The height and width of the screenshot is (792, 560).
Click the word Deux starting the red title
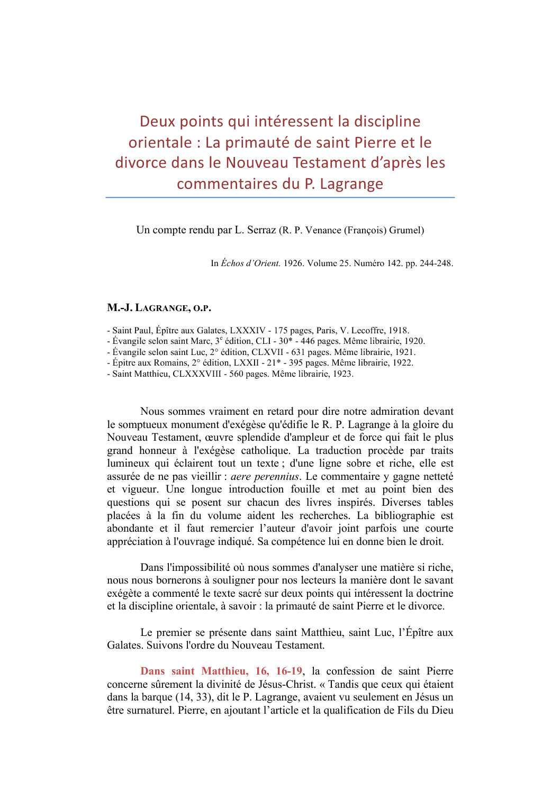pos(157,122)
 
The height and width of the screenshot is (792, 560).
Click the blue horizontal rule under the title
pos(280,197)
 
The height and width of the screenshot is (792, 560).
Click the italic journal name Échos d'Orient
pos(250,263)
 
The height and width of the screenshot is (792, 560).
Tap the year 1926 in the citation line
pos(293,263)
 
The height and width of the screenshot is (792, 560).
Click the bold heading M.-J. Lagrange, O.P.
pos(159,308)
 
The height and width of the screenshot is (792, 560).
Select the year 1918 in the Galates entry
pos(398,331)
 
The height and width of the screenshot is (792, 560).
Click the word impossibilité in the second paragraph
pos(198,568)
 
